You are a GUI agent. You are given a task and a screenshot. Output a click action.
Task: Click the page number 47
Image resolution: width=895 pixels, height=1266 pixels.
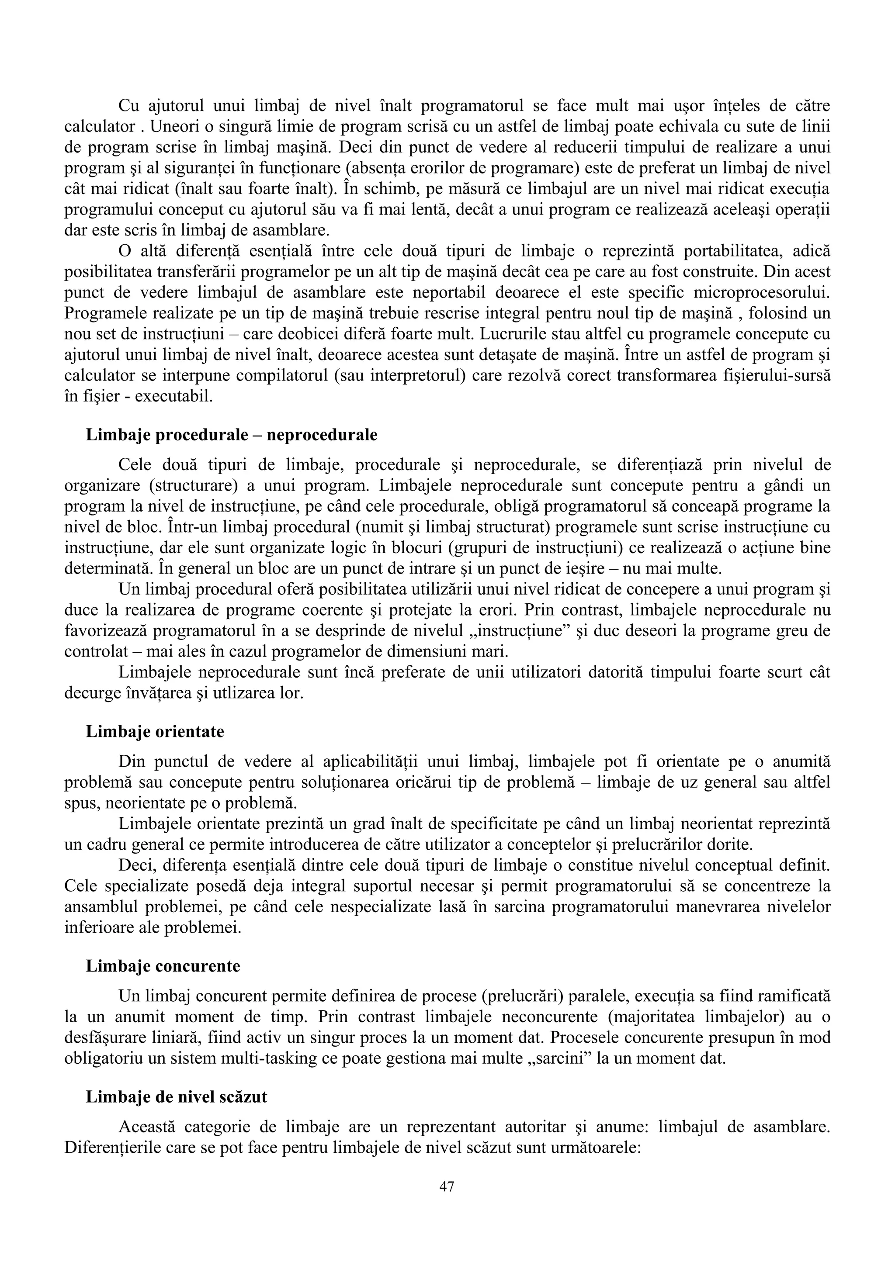tap(447, 1186)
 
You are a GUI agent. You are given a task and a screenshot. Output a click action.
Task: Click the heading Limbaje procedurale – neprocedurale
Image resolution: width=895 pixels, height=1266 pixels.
tap(232, 435)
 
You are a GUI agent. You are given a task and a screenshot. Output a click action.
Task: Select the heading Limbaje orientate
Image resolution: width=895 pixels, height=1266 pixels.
tap(155, 732)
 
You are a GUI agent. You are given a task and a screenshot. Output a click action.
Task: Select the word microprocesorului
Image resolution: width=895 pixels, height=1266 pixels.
tap(760, 293)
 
